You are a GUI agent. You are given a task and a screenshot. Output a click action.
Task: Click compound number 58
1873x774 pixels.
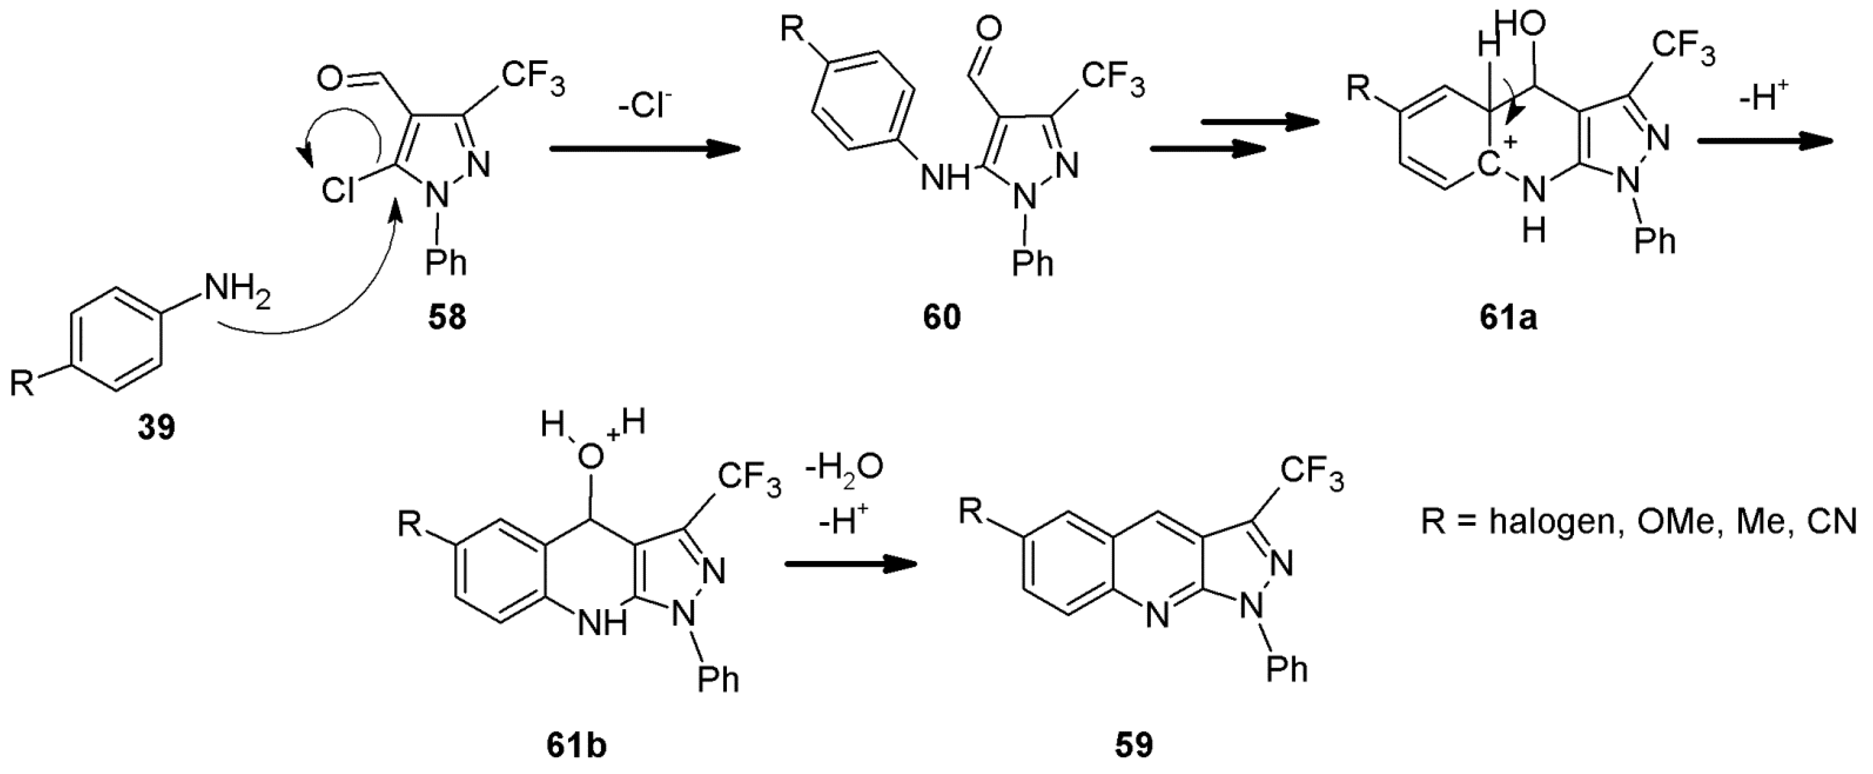pyautogui.click(x=446, y=318)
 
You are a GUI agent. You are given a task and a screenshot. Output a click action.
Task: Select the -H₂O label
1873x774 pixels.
pyautogui.click(x=844, y=466)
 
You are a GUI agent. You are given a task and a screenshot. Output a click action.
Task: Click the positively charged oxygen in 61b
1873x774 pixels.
pyautogui.click(x=591, y=456)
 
